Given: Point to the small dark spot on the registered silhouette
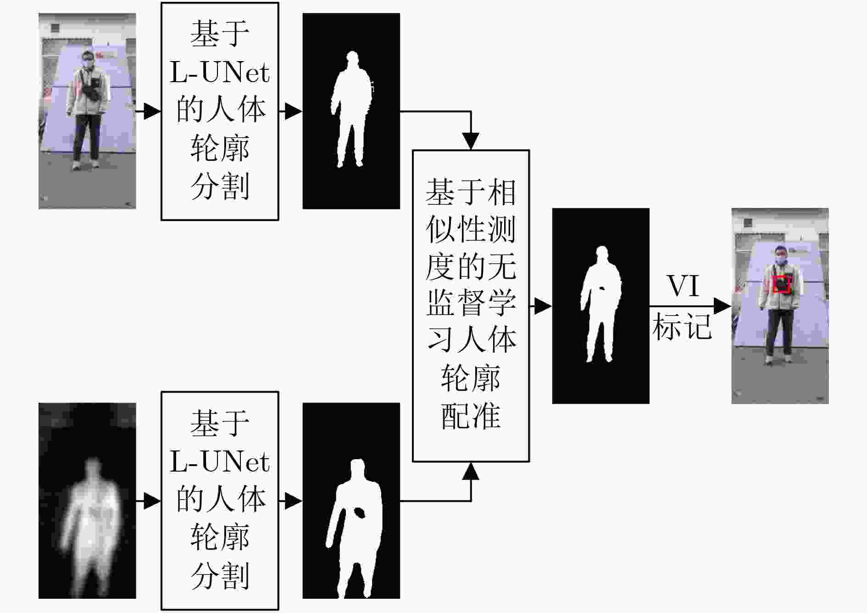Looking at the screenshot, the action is pos(602,288).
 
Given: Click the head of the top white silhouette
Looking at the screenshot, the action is pos(352,59).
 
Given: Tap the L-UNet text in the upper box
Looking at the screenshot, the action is pos(220,73).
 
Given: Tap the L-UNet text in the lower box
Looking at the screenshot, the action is pos(220,462).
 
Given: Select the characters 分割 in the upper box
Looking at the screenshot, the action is pos(220,186).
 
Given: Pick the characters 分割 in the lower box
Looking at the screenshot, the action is pos(220,575).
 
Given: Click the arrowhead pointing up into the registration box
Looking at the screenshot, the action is pos(471,471).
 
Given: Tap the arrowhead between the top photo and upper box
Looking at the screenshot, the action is pos(152,111).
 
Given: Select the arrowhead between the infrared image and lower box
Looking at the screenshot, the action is pos(152,501).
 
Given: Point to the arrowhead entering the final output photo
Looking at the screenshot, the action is pos(722,306).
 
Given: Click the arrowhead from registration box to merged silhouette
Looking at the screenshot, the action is pos(543,306).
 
